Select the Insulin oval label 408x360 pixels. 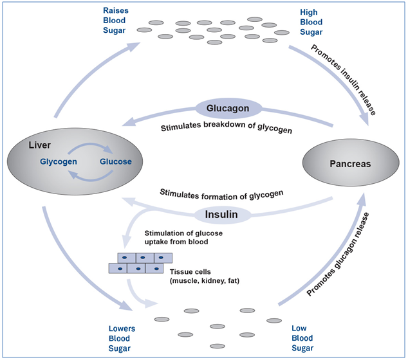221,215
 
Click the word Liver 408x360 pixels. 39,145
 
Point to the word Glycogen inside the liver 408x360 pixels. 59,161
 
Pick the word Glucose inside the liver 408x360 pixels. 116,161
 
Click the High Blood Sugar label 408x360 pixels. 311,22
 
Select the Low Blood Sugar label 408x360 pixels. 302,338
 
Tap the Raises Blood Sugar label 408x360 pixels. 119,21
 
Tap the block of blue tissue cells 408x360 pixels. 138,263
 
